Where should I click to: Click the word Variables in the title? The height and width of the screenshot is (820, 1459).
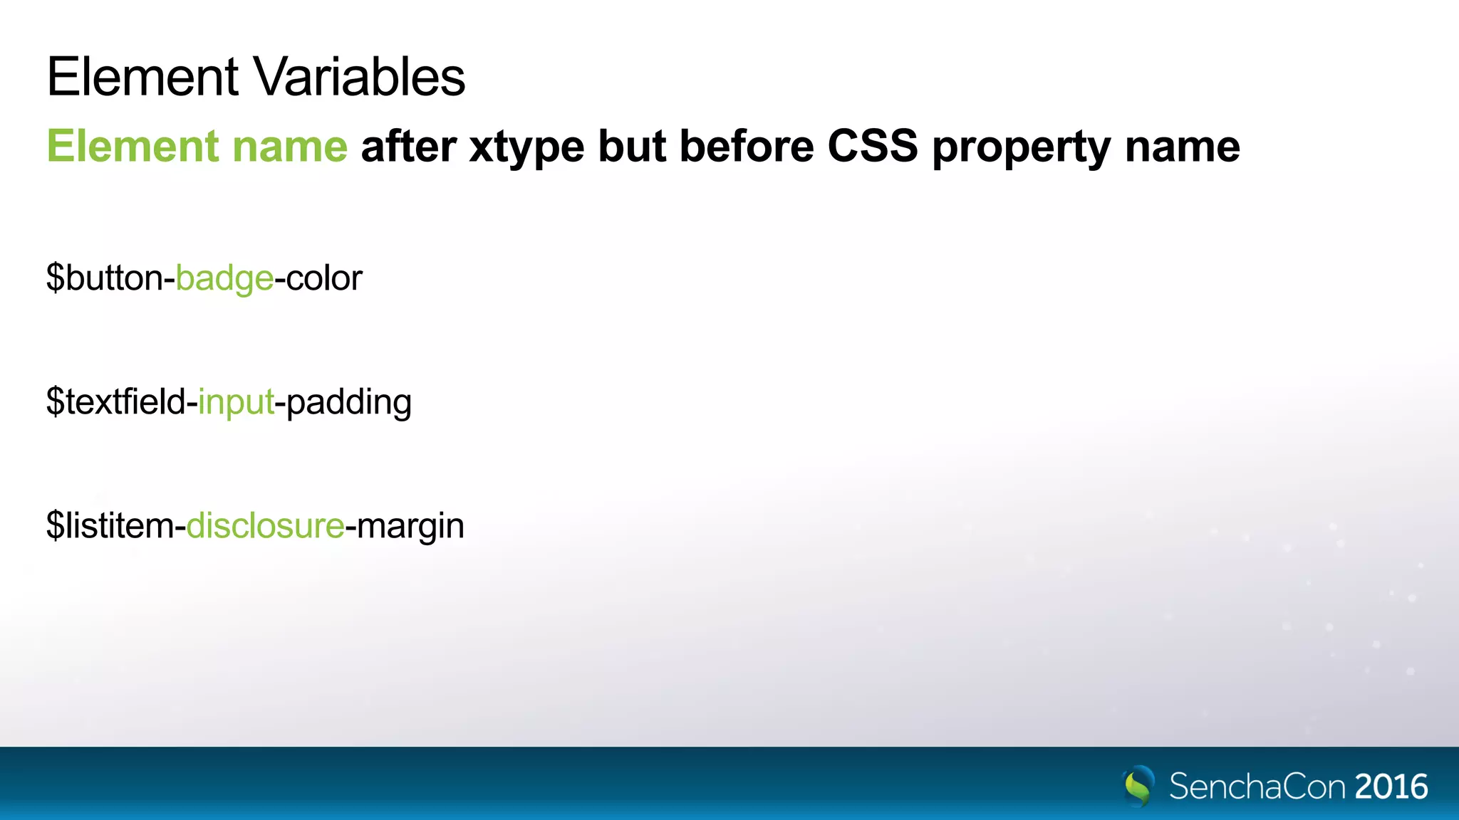[x=359, y=77]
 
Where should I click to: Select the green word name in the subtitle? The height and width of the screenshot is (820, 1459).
[x=290, y=147]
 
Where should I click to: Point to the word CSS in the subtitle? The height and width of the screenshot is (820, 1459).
[x=873, y=147]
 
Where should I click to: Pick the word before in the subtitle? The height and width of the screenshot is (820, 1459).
[x=746, y=147]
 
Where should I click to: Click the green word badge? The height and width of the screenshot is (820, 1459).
[x=224, y=279]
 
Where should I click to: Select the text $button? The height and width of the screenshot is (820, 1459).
[x=104, y=278]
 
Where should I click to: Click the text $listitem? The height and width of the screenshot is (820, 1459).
[x=110, y=526]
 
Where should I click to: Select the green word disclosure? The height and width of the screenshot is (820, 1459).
[x=266, y=526]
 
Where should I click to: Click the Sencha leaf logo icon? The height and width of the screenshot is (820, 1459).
[x=1138, y=785]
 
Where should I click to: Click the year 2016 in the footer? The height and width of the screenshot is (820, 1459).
[x=1391, y=787]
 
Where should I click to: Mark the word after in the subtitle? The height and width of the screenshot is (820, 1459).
[x=408, y=147]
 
